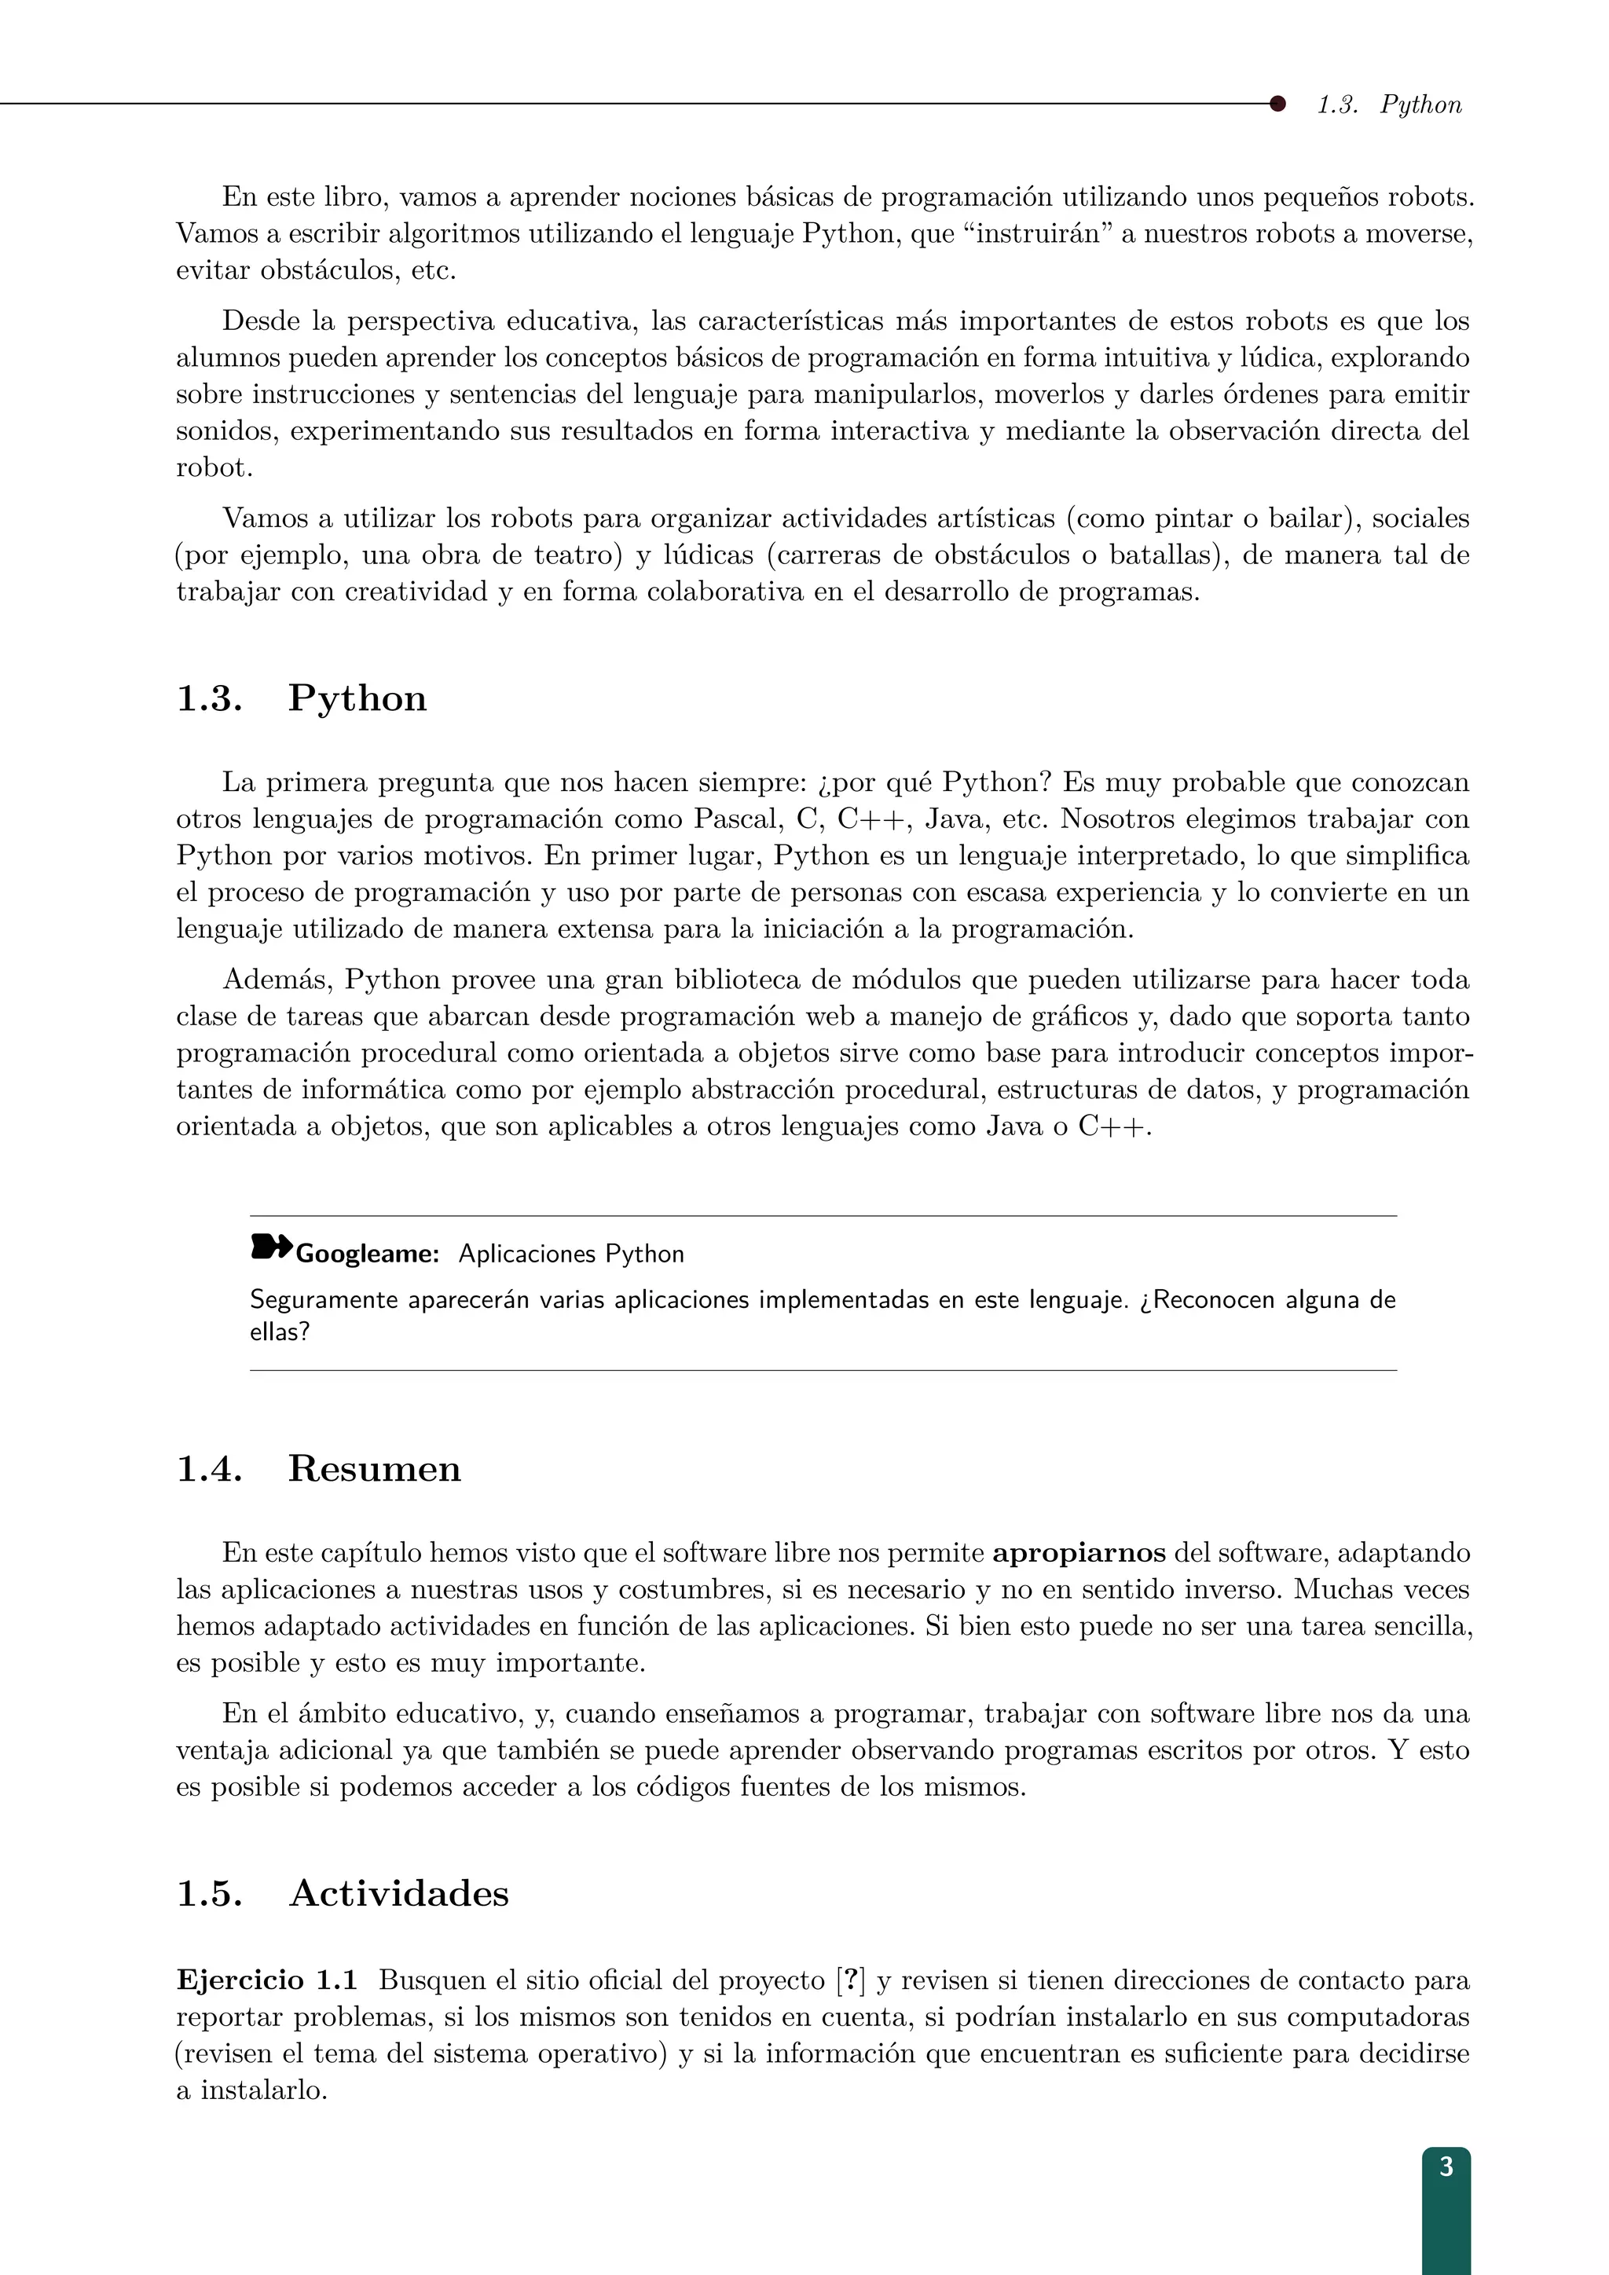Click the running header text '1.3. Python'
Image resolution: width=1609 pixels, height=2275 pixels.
coord(1389,105)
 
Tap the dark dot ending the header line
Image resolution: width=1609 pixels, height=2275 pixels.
coord(1277,103)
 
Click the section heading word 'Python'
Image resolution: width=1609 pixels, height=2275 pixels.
coord(357,698)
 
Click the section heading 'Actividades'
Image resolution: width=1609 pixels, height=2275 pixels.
coord(398,1893)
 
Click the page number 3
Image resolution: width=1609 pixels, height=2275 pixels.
coord(1446,2167)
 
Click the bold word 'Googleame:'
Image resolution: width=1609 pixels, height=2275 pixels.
coord(368,1255)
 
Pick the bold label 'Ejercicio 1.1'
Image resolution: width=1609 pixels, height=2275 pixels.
coord(266,1980)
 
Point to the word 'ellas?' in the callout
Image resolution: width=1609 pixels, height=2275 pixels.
coord(280,1332)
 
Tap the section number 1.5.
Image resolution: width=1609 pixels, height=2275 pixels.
coord(209,1893)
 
